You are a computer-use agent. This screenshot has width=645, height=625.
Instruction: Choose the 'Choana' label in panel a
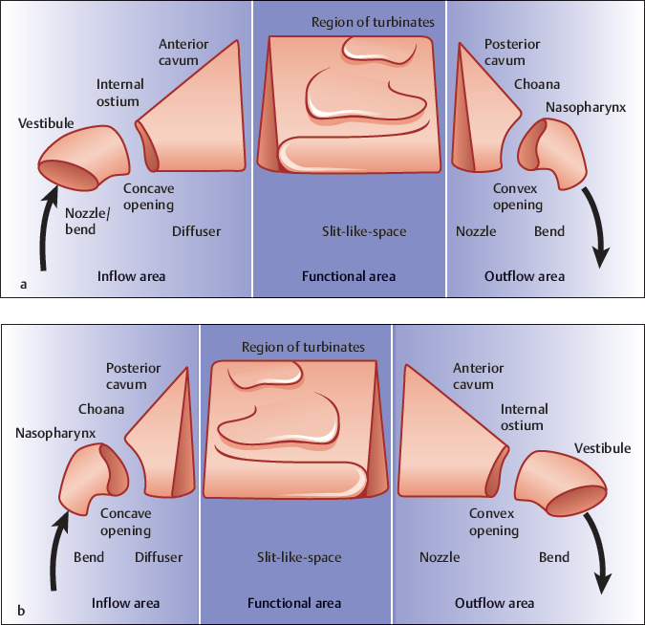537,84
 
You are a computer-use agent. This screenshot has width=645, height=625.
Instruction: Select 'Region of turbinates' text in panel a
373,22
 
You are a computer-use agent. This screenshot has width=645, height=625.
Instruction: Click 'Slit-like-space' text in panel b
299,557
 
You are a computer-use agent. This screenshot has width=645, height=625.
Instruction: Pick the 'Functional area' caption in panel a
348,276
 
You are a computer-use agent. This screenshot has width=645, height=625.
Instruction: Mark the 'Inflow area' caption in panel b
125,603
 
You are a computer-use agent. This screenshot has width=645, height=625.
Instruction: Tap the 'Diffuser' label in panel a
196,231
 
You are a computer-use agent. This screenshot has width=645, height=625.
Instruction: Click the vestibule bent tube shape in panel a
82,158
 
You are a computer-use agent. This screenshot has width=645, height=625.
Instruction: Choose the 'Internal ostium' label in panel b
522,418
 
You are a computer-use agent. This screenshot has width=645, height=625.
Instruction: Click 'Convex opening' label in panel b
493,522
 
